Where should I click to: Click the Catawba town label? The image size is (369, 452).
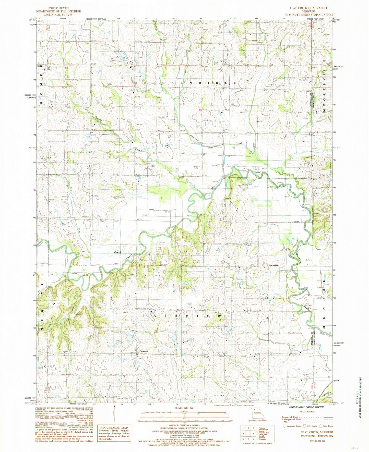point(144,351)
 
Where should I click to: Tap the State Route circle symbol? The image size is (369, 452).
point(319,426)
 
